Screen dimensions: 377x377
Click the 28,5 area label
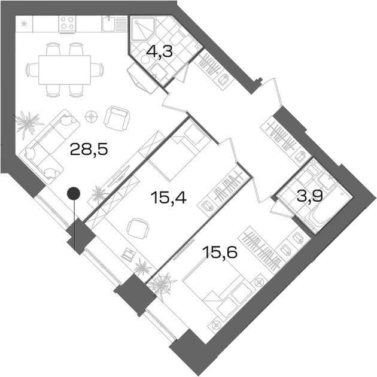(x=89, y=149)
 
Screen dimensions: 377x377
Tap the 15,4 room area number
(x=168, y=198)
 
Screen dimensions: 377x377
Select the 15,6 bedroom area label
(x=220, y=252)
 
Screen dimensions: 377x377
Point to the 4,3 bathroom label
(x=159, y=51)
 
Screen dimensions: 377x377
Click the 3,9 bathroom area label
(x=309, y=196)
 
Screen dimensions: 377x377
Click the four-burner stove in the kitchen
(x=67, y=23)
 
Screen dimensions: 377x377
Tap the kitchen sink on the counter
(x=109, y=23)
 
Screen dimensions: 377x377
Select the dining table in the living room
(x=65, y=70)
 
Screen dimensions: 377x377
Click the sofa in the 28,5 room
(x=50, y=144)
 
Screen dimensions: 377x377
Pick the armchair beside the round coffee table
(x=117, y=118)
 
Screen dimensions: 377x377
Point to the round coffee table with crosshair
(x=92, y=117)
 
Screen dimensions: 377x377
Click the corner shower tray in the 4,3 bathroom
(x=143, y=29)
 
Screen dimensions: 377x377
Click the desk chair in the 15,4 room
(x=138, y=229)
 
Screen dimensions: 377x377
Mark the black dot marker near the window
(x=74, y=193)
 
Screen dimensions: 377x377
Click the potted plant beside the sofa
(x=27, y=123)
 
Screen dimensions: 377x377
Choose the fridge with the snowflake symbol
(x=24, y=23)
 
